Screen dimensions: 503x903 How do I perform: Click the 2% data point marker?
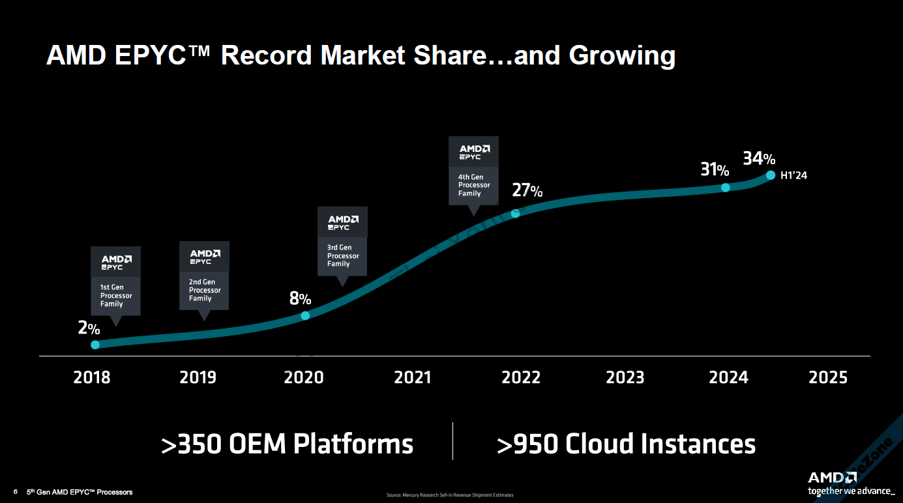95,345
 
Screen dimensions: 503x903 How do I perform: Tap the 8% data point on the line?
305,315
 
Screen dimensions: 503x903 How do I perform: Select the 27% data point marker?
515,212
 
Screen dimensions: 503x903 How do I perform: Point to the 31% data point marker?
726,188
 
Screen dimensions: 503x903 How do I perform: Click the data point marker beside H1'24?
770,175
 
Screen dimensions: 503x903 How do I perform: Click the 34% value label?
759,159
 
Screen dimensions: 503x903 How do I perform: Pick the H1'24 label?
793,175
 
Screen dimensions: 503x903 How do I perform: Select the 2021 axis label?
413,377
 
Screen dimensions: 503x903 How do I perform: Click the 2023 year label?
625,377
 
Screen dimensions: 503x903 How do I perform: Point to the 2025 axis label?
828,377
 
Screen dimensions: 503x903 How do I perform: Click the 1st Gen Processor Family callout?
116,281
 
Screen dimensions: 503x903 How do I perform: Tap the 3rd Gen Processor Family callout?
342,242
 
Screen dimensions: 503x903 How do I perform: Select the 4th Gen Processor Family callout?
474,171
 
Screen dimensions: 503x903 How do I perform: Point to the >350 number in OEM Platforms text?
193,444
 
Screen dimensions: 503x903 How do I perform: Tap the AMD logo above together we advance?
832,478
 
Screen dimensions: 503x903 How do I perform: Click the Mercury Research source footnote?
450,495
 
